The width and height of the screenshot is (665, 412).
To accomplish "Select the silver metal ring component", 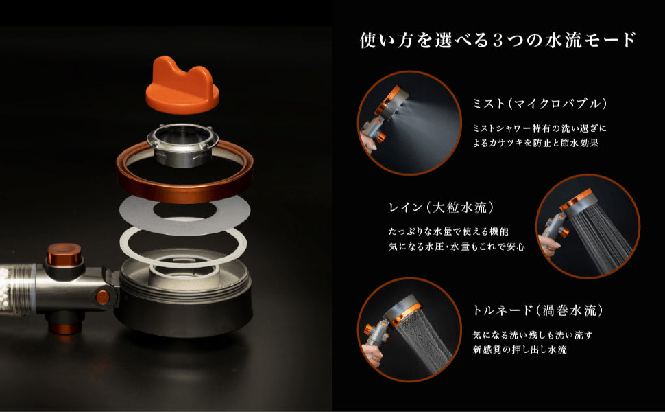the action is point(183,145).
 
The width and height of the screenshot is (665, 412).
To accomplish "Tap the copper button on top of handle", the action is point(64,254).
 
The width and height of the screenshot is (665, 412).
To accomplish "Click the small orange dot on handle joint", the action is point(102,297).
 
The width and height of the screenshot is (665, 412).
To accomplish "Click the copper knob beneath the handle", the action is point(64,326).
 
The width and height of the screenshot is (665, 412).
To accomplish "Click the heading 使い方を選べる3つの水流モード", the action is point(498,40).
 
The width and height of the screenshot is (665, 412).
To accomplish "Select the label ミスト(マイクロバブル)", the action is point(540,104).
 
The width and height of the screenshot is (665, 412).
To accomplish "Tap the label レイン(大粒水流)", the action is point(442,207).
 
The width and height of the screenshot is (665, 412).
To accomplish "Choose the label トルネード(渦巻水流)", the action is point(537,310).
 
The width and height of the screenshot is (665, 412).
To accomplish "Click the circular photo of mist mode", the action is point(409,123).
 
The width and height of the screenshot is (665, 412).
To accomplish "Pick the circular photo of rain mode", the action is point(588,226).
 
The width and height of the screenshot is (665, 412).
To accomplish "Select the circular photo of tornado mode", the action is point(409,330).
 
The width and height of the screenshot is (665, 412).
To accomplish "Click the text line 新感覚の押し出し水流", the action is point(520,350).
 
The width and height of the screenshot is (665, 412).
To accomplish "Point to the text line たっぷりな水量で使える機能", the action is point(448,231).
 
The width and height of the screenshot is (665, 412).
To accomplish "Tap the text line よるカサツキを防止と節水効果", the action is point(535,143).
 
